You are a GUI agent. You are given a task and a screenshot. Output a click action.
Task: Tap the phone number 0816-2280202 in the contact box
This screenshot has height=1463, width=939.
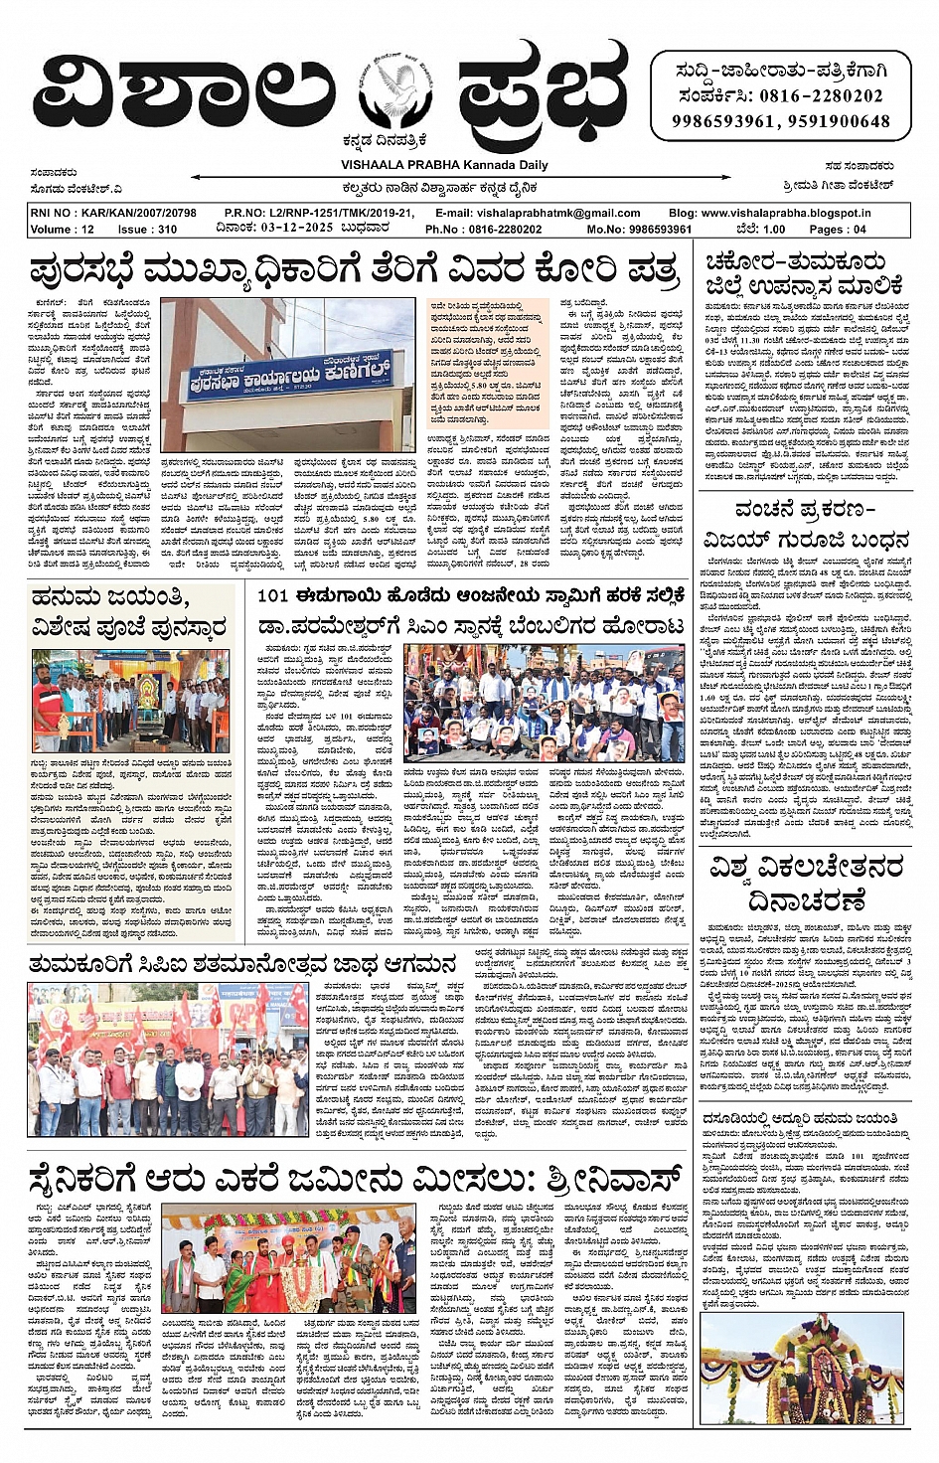(820, 96)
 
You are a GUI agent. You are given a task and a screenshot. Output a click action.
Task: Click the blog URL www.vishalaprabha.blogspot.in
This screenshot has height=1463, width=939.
(785, 213)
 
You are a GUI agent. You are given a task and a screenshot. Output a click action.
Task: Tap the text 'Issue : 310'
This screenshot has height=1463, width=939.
(147, 229)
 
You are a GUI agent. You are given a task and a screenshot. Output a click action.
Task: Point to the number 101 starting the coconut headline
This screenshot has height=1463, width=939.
(272, 596)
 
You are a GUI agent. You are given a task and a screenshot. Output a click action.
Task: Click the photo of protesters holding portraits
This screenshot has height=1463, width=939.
(545, 703)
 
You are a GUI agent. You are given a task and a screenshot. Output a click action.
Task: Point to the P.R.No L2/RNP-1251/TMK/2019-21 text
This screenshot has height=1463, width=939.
(322, 213)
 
